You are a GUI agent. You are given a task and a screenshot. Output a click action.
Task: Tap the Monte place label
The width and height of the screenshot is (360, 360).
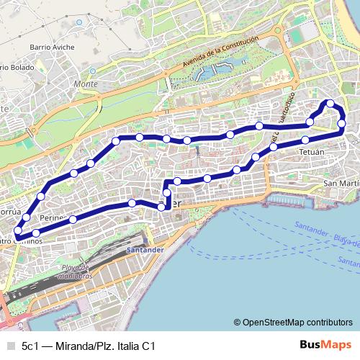85,84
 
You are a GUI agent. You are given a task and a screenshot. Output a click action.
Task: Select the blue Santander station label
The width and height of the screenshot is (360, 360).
145,251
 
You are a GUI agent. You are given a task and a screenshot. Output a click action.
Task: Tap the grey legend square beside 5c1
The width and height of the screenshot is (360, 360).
9,346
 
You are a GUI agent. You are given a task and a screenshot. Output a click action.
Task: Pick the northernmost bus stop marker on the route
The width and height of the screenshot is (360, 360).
330,104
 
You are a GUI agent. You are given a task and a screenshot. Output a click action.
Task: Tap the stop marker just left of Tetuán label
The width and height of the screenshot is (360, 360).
274,148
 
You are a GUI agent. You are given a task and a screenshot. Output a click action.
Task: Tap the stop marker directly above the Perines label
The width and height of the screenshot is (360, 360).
42,195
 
